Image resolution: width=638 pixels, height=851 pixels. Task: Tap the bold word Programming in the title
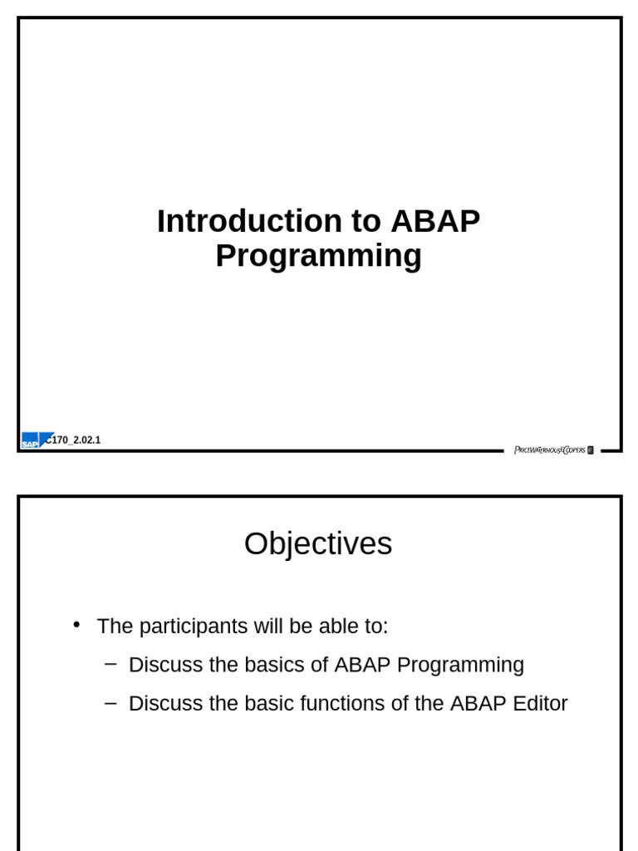point(318,256)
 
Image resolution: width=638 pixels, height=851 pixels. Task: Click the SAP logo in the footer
point(30,441)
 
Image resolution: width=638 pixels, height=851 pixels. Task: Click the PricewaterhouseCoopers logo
point(553,450)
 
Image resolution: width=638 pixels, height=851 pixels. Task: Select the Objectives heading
point(318,544)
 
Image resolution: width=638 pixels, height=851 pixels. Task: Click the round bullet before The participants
point(77,625)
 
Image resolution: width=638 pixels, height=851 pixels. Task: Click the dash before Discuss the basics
point(111,664)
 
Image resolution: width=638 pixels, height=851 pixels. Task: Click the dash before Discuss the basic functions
point(111,702)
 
